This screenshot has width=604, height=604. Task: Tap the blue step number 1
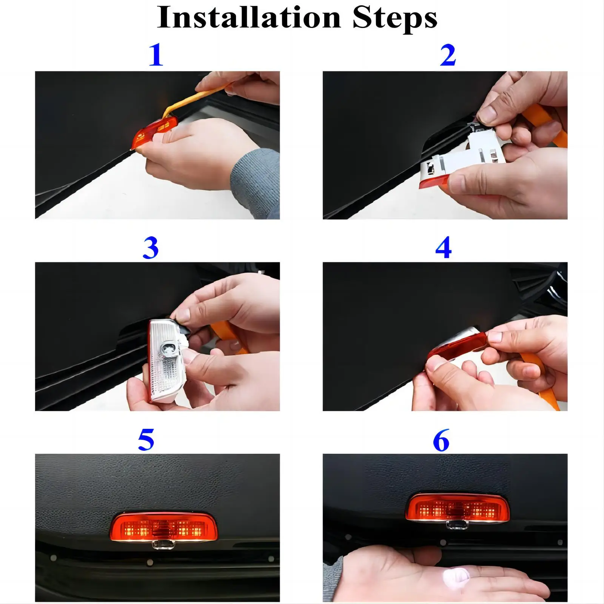(x=156, y=55)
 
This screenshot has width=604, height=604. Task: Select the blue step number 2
(x=448, y=55)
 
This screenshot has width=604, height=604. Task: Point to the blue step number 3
(x=150, y=248)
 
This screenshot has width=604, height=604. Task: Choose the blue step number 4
(x=443, y=248)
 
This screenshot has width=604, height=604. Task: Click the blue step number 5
(x=146, y=440)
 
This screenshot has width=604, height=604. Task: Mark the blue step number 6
(x=441, y=440)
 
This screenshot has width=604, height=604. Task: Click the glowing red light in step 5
(x=162, y=527)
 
